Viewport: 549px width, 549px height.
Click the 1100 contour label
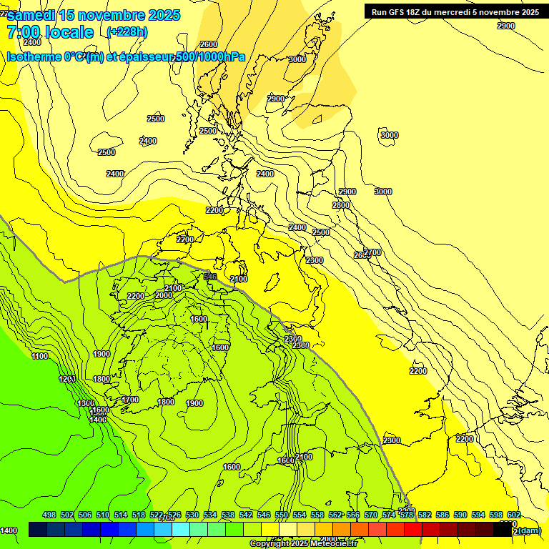[x=40, y=356]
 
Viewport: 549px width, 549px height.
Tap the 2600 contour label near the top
[x=209, y=44]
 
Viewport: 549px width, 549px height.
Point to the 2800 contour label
[x=341, y=205]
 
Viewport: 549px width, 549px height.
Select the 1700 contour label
[x=130, y=400]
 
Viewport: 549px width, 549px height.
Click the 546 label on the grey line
[x=210, y=276]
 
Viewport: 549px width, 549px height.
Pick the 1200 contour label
[x=68, y=379]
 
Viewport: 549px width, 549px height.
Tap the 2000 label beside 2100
[x=164, y=295]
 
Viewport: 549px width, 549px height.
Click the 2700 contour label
[x=372, y=252]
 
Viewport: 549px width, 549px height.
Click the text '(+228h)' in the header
[x=127, y=31]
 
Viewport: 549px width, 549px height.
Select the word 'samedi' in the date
[x=33, y=15]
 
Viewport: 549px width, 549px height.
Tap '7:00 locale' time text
[x=50, y=32]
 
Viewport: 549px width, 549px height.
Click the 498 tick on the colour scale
[x=49, y=515]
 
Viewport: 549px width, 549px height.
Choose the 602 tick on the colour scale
[x=514, y=515]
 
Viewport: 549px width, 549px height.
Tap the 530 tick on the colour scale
[x=192, y=515]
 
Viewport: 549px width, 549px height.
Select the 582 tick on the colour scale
[x=425, y=515]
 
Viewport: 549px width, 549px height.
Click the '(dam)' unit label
[x=529, y=530]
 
